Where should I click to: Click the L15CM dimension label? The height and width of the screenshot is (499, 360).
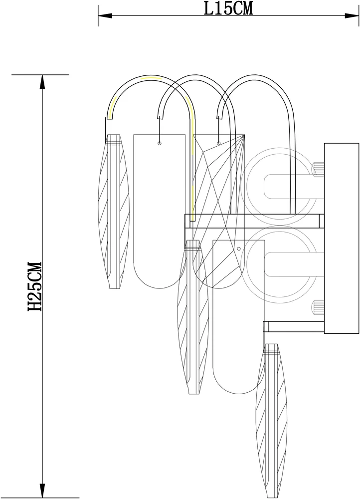[228, 8]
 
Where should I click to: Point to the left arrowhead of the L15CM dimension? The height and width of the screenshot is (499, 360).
[105, 15]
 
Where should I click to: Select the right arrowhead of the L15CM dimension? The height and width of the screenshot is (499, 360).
[352, 15]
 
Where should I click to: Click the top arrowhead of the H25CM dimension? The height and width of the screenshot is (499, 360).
[42, 82]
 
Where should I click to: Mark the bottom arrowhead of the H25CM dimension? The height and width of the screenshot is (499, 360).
[42, 491]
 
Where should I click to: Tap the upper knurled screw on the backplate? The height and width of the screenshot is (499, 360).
[318, 169]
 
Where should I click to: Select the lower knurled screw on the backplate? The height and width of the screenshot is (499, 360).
[318, 307]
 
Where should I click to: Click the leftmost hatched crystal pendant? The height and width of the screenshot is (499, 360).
[114, 211]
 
